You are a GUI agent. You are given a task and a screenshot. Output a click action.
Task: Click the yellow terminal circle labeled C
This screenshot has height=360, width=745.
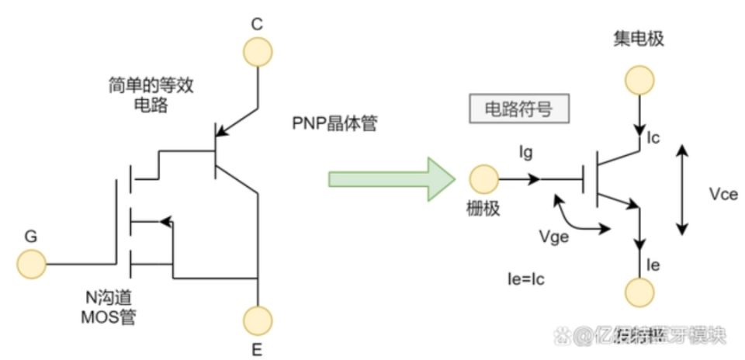click(257, 52)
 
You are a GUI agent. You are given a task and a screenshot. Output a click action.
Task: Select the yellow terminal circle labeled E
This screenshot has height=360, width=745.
click(257, 319)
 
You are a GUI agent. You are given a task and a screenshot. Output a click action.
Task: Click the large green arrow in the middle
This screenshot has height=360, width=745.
click(389, 178)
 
